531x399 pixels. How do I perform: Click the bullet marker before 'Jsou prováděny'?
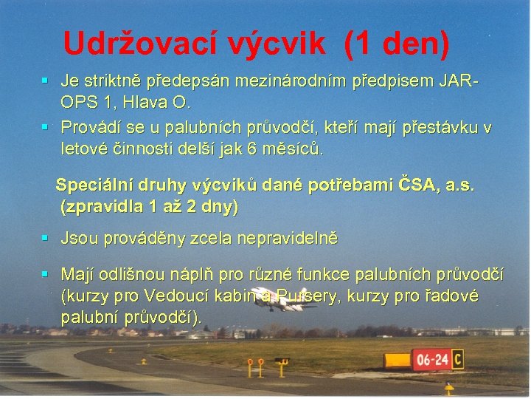pos(46,239)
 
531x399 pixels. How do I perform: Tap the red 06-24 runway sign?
pos(431,361)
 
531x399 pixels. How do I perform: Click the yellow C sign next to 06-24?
pos(457,360)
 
